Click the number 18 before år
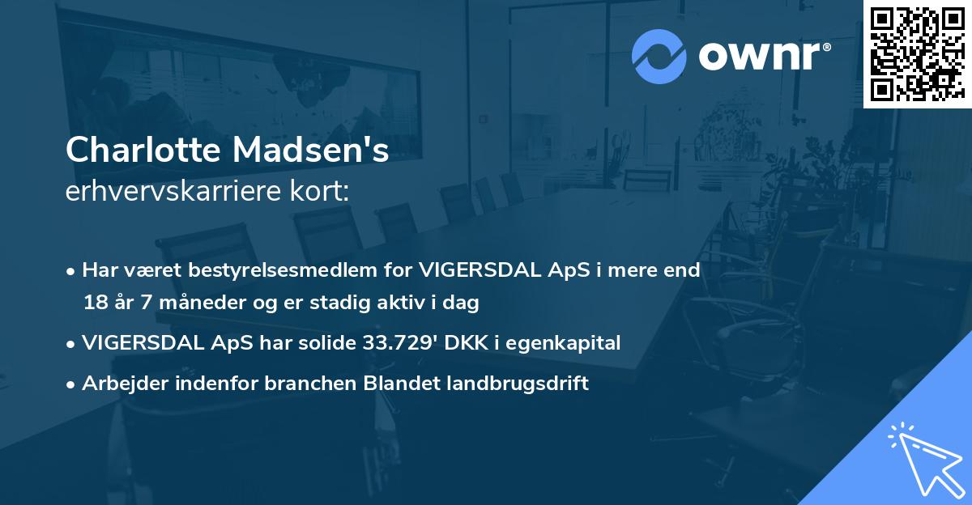(x=94, y=303)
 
